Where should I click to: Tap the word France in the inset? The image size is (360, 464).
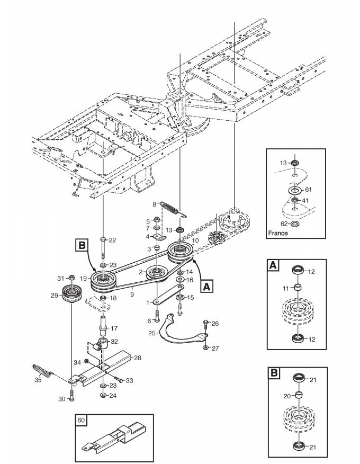pyautogui.click(x=278, y=233)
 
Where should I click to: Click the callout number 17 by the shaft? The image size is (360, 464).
pyautogui.click(x=114, y=328)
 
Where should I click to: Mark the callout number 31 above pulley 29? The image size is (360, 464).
pyautogui.click(x=61, y=277)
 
